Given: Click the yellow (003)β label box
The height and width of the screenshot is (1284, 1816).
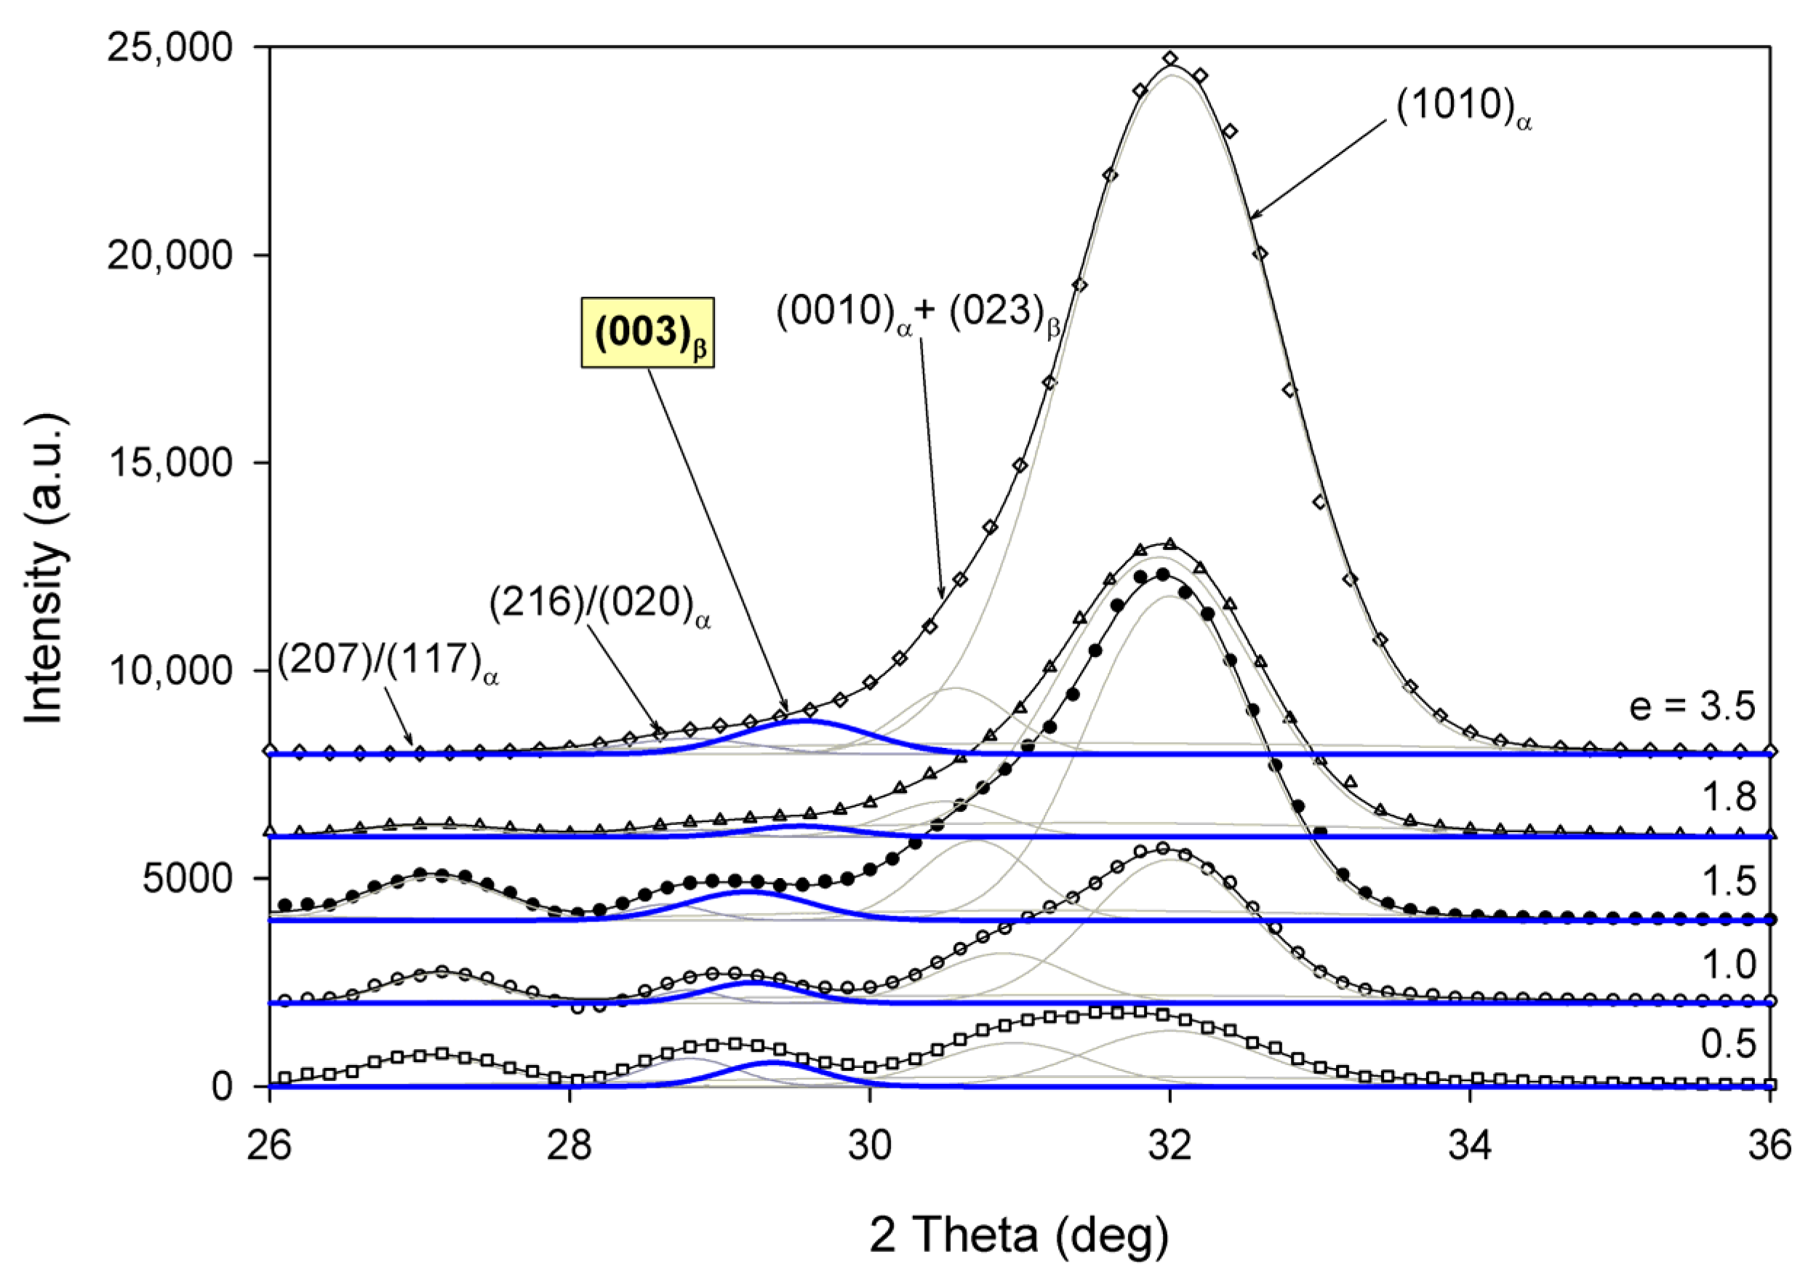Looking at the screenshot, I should [648, 332].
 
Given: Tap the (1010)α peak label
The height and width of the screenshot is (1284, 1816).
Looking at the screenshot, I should [1463, 108].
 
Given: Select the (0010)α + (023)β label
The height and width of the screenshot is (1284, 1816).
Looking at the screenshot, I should [918, 314].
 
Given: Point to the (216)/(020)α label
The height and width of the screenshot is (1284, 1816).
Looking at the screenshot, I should [599, 605].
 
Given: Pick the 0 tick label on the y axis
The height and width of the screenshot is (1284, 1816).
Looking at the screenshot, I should [223, 1087].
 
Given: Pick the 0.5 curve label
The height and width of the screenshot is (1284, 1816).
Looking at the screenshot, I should [1729, 1044].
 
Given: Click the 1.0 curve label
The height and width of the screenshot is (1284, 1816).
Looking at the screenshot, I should [1729, 965].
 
